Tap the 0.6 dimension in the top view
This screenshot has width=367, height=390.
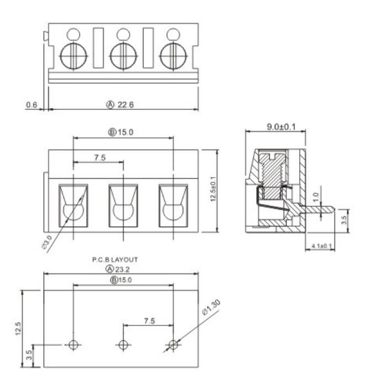click(31, 104)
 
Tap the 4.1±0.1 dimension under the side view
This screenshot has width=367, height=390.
click(321, 246)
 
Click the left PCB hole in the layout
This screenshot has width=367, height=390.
click(73, 345)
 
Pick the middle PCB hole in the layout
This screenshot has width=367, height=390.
click(123, 345)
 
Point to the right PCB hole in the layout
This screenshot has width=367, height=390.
click(173, 345)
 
